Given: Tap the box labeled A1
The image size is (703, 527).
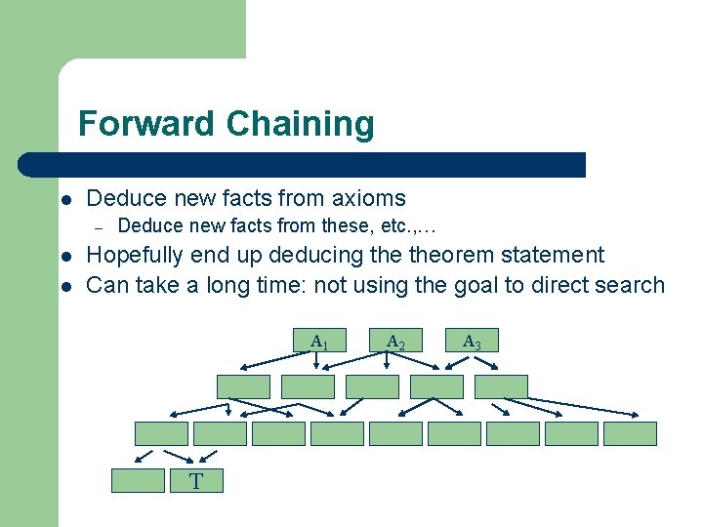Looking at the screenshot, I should point(318,341).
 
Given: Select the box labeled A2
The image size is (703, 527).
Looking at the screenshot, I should point(395,341).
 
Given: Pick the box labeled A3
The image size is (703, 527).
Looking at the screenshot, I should point(472,341).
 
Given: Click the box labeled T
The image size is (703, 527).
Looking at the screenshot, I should point(196,481).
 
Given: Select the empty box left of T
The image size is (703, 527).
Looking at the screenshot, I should point(138,481).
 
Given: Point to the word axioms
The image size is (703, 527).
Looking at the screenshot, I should point(368,198).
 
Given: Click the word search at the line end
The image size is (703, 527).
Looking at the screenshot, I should point(632,285).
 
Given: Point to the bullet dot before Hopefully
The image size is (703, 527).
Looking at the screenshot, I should point(64,257).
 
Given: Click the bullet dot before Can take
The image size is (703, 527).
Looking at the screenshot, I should point(64,286).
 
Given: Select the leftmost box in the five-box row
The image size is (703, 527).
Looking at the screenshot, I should point(242,386).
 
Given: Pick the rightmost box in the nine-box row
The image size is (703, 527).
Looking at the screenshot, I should point(630,433).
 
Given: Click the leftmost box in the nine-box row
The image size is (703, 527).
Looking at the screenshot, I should point(161,433).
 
